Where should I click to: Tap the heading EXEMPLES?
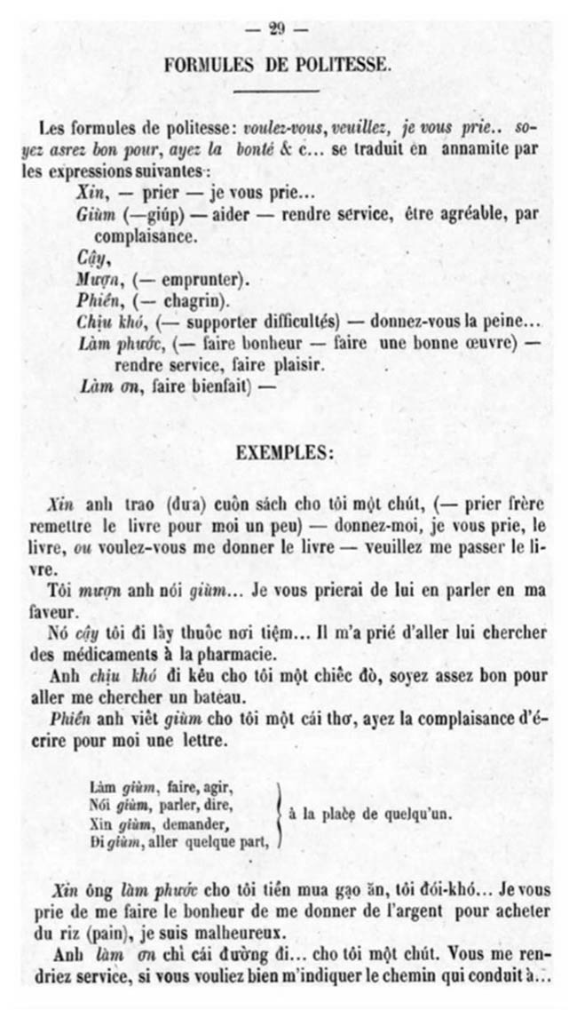pyautogui.click(x=285, y=451)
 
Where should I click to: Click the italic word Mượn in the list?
pyautogui.click(x=92, y=280)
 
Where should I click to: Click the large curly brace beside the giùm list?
pyautogui.click(x=279, y=812)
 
